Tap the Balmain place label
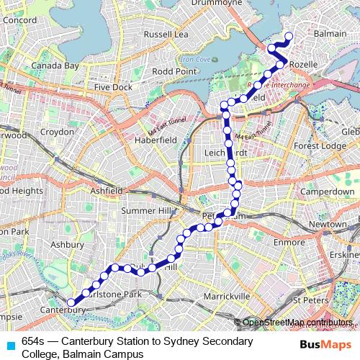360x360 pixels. coord(330,33)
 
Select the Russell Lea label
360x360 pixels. coord(166,33)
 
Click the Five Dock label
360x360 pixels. coord(109,87)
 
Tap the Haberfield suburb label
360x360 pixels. coord(156,140)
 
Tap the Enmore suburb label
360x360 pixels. coord(289,242)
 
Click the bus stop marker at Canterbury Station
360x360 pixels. coord(71,302)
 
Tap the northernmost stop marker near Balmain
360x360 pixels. coord(289,37)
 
